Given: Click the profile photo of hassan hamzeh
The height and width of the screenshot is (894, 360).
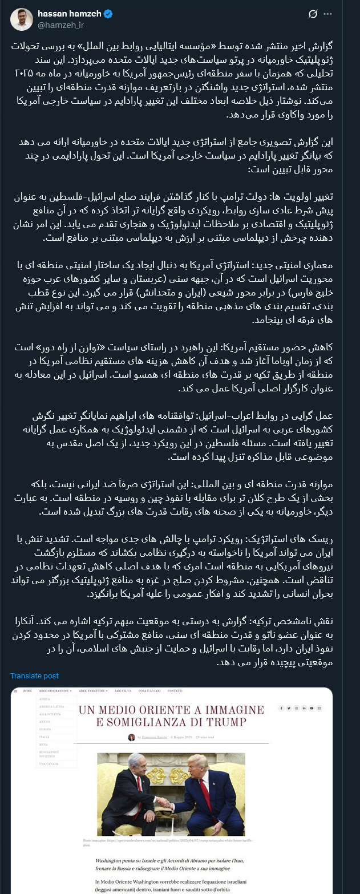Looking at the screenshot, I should click(22, 19).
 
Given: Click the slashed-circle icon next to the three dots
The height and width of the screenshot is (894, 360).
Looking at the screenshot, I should click(313, 14).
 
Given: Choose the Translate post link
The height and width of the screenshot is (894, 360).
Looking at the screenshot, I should click(34, 675).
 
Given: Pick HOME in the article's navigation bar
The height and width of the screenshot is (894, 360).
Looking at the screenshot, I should click(27, 691).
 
